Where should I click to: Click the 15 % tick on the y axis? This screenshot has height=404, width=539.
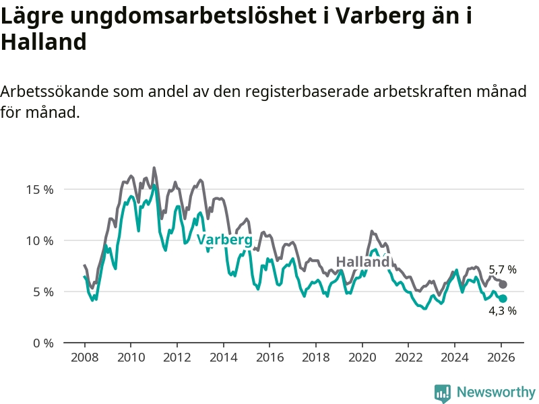39,189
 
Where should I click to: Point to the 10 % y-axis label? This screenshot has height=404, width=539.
39,240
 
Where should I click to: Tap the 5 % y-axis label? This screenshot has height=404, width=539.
42,292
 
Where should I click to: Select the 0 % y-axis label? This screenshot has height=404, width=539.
42,343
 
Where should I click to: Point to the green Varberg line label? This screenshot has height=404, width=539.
224,240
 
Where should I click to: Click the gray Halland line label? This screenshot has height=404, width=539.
362,262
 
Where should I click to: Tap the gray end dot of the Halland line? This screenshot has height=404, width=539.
503,285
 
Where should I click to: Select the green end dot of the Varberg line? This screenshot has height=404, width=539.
503,299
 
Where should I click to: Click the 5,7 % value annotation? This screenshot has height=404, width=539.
503,270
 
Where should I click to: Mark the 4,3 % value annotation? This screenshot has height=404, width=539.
503,311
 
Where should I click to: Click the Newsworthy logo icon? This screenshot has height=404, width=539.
443,393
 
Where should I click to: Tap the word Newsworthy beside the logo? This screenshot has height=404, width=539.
496,392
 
